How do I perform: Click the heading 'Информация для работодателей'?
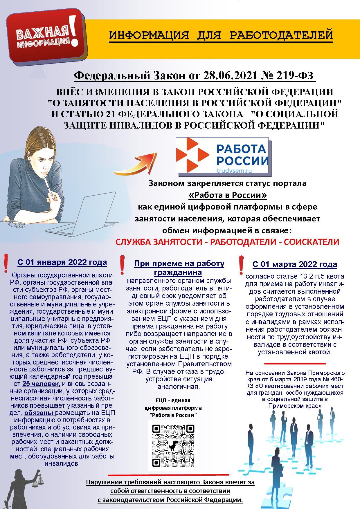tap(221, 35)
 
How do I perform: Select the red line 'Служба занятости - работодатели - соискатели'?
tap(227, 242)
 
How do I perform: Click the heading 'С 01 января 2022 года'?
tap(62, 262)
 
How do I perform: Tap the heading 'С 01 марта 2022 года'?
tap(295, 264)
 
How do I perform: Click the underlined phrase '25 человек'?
tap(41, 384)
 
